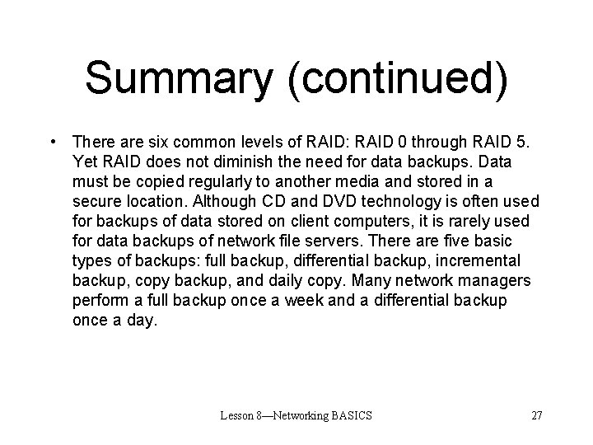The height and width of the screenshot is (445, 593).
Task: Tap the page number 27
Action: pyautogui.click(x=536, y=415)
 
